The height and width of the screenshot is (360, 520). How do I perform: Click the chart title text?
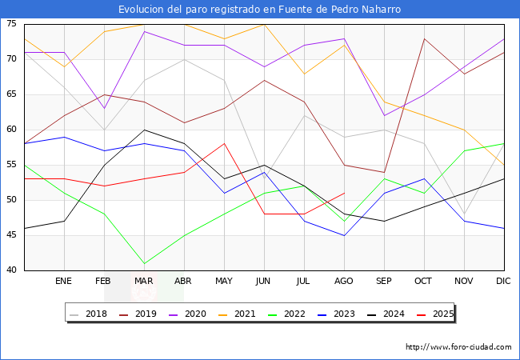(x=259, y=10)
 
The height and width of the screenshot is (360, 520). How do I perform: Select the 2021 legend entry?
(x=237, y=314)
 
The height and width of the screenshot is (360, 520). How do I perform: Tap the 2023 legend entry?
(x=335, y=314)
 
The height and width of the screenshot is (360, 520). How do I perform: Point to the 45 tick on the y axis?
(x=13, y=235)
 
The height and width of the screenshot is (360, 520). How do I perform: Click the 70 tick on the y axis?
(x=13, y=59)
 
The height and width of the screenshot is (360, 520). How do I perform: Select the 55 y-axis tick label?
(x=13, y=165)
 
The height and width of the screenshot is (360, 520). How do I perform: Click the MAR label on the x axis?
(x=144, y=282)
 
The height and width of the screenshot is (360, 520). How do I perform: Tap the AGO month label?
(x=344, y=282)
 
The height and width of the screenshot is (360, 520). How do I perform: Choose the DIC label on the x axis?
(x=504, y=282)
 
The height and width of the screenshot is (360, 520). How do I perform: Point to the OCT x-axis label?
(x=424, y=282)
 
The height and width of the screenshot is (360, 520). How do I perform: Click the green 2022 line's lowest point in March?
(x=144, y=263)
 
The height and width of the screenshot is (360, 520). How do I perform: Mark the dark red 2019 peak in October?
(x=424, y=38)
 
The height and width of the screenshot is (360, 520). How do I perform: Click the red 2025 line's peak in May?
(x=224, y=144)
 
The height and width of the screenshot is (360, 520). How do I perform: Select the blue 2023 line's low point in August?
(x=344, y=235)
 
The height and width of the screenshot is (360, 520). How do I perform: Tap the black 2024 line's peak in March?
(x=144, y=130)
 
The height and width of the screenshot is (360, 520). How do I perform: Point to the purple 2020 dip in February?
(x=104, y=109)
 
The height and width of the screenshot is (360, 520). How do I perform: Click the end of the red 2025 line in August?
(x=344, y=193)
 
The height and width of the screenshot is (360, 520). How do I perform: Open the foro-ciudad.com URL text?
(x=458, y=347)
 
